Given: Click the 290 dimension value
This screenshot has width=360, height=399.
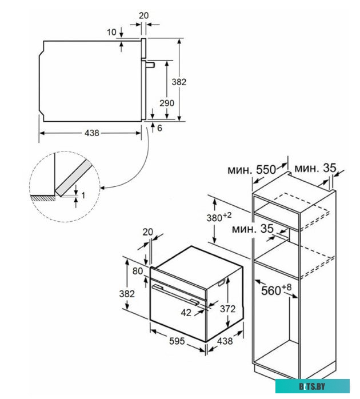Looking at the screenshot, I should (x=166, y=103).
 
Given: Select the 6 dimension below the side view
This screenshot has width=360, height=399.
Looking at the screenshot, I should (x=159, y=128).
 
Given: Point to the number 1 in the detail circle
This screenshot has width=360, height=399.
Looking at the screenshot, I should (x=83, y=195).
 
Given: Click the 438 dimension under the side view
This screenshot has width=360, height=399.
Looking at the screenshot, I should (x=92, y=133).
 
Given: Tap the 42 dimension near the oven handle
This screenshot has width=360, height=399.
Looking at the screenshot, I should (x=185, y=312).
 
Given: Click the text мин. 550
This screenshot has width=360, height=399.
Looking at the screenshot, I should (x=251, y=170).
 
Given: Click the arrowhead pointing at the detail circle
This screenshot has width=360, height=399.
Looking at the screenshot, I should (x=103, y=186).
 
